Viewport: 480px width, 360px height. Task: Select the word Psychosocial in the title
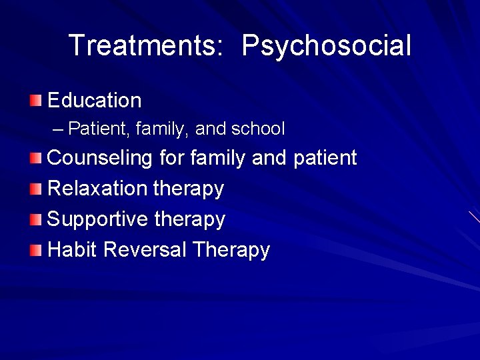point(326,46)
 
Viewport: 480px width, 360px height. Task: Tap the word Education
point(95,101)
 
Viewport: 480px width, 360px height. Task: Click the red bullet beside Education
point(35,101)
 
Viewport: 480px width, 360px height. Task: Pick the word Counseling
point(101,158)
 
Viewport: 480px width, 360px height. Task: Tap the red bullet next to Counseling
point(35,158)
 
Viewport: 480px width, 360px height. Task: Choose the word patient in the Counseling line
point(325,158)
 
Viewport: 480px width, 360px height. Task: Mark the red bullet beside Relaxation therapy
point(35,189)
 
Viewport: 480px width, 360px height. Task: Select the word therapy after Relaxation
point(189,189)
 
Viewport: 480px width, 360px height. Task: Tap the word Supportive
point(98,219)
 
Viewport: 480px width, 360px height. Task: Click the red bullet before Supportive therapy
point(35,219)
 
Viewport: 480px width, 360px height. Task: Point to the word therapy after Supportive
point(190,219)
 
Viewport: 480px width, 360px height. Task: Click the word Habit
point(73,249)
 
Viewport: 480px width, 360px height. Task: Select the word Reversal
point(145,249)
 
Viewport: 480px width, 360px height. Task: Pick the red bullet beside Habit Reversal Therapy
point(35,250)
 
